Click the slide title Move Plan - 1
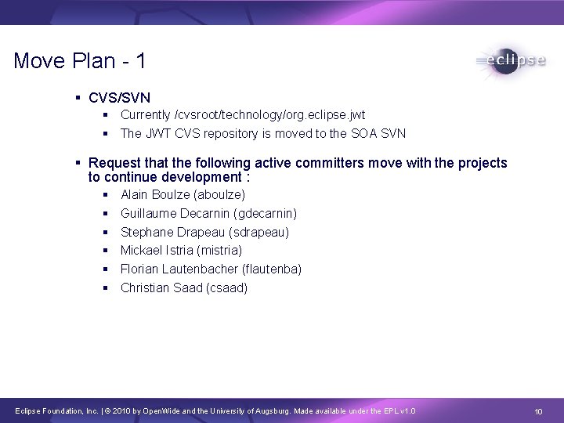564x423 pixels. pos(79,62)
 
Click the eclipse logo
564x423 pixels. pos(510,62)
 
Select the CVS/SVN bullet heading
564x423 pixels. pos(120,98)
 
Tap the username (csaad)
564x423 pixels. pos(226,288)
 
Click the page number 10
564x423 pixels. pos(538,412)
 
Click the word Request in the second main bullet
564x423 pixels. pos(114,163)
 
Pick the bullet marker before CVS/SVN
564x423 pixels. pos(79,98)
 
